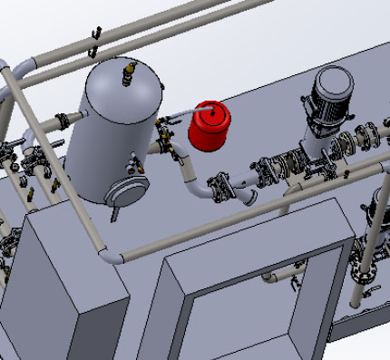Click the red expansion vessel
coord(210,126)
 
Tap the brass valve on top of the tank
coord(131,67)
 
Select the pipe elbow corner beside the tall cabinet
coord(110,257)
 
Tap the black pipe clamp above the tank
coord(94,35)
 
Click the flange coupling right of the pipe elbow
coord(222,186)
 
